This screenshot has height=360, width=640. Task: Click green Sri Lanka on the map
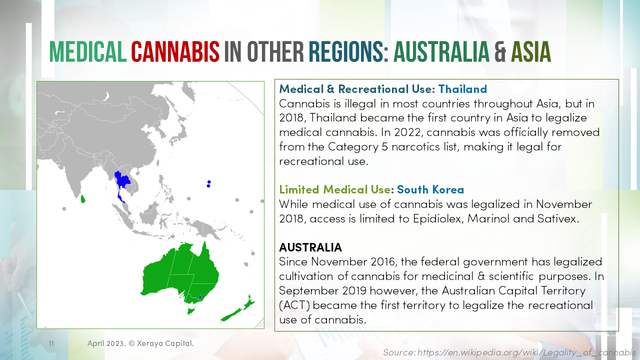click(x=83, y=198)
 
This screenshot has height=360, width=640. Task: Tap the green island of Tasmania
click(x=190, y=311)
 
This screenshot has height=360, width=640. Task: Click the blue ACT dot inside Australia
click(x=200, y=297)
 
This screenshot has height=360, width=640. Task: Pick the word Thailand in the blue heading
click(x=462, y=89)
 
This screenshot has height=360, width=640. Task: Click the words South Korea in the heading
click(x=430, y=189)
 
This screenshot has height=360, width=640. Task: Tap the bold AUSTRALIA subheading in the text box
click(x=310, y=247)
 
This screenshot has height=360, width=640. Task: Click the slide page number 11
click(x=51, y=344)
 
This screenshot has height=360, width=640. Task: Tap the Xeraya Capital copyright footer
click(x=140, y=343)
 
